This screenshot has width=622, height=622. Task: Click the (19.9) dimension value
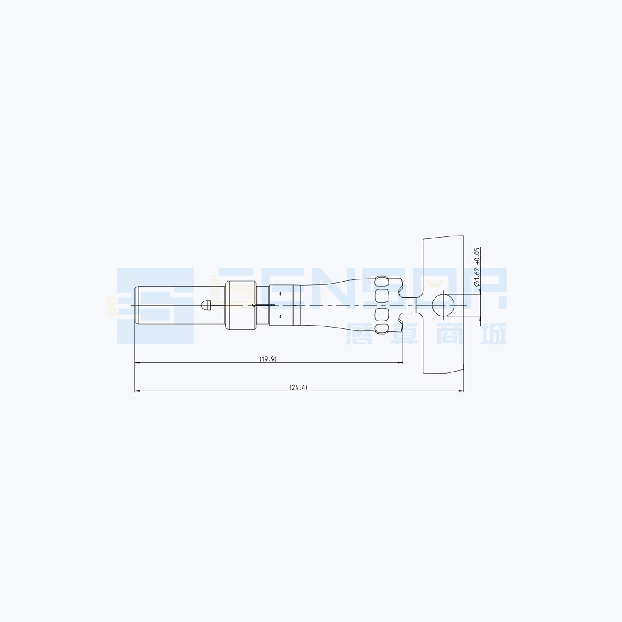268,359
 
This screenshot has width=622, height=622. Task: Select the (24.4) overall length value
299,388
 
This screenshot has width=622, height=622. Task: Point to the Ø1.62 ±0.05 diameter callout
477,267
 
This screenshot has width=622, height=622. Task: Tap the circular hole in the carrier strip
443,305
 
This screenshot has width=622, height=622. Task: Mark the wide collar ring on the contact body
241,305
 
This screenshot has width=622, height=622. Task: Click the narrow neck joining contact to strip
413,305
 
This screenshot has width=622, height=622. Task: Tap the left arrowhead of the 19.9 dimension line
138,363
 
